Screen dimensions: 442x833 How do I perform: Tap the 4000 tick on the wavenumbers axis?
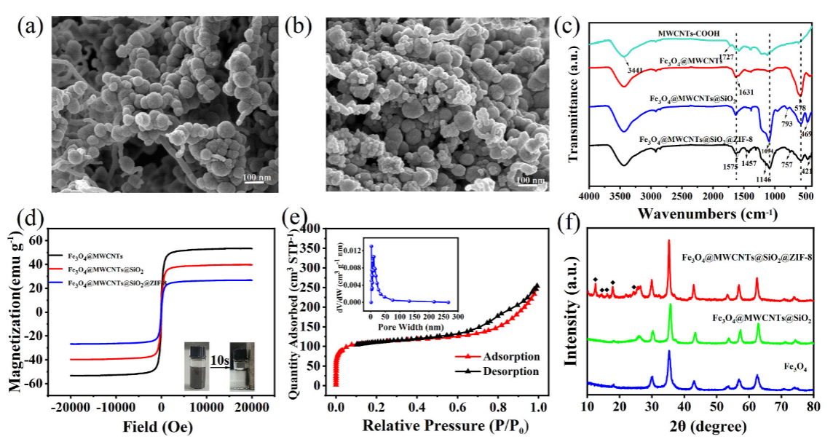(x=591, y=196)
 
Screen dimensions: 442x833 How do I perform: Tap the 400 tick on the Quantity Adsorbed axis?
(x=321, y=229)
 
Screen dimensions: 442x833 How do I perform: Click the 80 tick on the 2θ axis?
(x=813, y=405)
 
